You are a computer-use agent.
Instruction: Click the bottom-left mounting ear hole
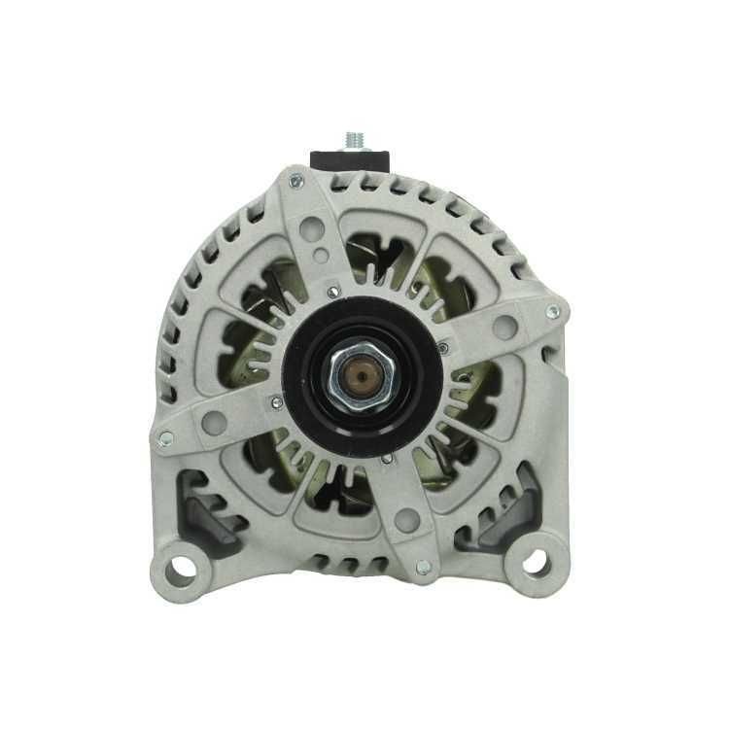[x=180, y=567]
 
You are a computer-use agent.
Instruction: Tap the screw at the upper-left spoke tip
[x=296, y=180]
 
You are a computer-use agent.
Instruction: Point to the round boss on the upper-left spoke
[x=312, y=229]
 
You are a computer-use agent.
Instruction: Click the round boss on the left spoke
[x=216, y=421]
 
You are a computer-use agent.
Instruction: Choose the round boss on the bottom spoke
[x=407, y=520]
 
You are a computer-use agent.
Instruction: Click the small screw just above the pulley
[x=334, y=290]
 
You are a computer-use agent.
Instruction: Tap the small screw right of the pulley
[x=443, y=348]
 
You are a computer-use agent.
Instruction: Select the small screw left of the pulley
[x=277, y=402]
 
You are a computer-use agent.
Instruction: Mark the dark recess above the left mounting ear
[x=204, y=505]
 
